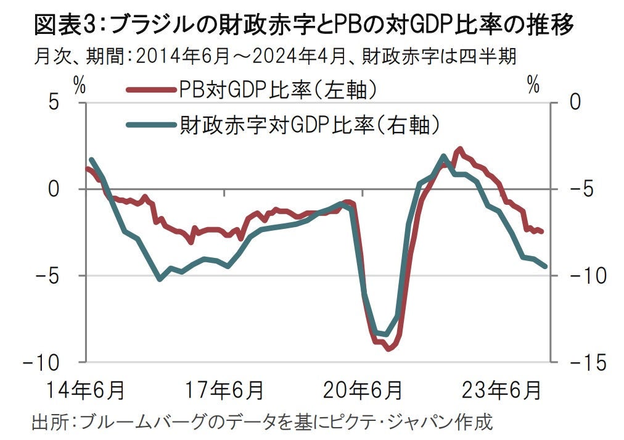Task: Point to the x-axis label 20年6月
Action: click(x=364, y=390)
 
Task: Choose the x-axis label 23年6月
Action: click(x=503, y=390)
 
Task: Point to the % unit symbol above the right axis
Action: click(x=534, y=86)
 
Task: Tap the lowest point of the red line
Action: click(x=388, y=349)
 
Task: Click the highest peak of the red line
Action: click(x=459, y=149)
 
